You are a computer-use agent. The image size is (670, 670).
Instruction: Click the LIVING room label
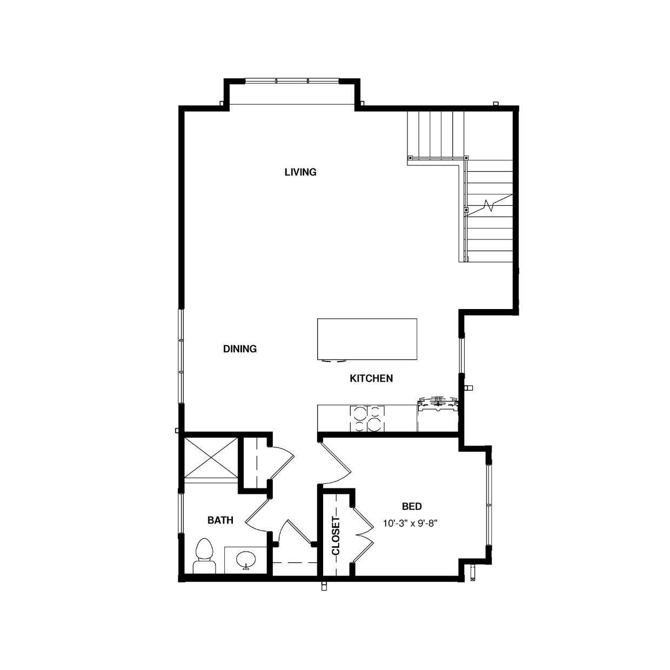tap(300, 172)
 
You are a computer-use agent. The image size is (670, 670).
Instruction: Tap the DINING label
tap(240, 349)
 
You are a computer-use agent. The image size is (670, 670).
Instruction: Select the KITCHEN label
tap(371, 378)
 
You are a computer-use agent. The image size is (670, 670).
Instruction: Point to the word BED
tap(412, 506)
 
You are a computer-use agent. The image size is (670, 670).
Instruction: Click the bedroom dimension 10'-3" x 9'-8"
tap(410, 523)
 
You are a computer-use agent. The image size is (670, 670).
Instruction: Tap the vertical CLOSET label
tap(336, 536)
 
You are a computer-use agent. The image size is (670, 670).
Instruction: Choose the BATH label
tap(220, 520)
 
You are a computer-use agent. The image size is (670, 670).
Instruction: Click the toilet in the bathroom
tap(204, 556)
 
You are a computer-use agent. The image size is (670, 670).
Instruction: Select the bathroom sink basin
tap(246, 560)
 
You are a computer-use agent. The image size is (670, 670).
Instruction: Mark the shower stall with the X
tap(211, 458)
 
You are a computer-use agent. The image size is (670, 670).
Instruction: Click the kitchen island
tap(367, 339)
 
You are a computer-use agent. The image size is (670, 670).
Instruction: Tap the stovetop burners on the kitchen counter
tap(367, 418)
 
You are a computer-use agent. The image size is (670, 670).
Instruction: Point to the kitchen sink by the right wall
tap(438, 404)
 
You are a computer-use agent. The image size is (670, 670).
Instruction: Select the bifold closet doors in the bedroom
tap(363, 535)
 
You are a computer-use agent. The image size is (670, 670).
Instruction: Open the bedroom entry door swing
tap(336, 463)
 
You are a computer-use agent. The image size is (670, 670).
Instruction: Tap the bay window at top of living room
tap(292, 81)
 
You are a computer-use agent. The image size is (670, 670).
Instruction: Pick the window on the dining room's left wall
tap(181, 356)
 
